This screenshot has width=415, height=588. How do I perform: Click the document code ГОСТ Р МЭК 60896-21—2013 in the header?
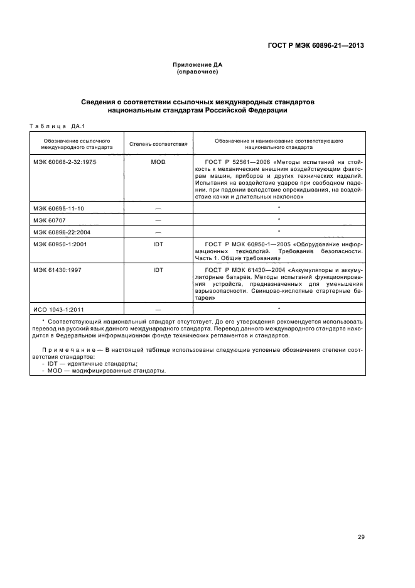(316, 45)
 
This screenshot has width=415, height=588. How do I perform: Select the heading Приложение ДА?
(198, 65)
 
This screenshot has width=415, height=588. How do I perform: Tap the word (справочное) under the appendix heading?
(198, 72)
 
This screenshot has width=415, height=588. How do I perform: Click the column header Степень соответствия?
(158, 144)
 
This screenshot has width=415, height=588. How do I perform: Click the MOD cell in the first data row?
(158, 162)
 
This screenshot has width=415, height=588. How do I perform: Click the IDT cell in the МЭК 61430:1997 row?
(158, 270)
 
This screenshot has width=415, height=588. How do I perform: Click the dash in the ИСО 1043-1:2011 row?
(158, 309)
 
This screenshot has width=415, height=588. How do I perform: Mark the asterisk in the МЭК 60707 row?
(278, 220)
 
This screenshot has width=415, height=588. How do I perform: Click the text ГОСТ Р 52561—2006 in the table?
(229, 162)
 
